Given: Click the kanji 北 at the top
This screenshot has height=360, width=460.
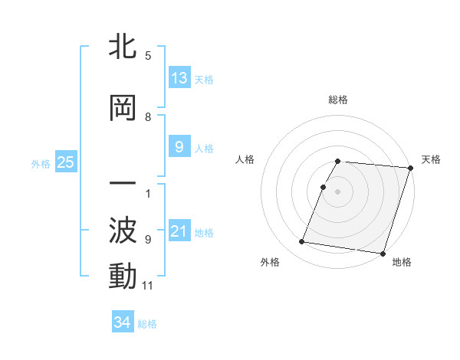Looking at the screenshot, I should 123,47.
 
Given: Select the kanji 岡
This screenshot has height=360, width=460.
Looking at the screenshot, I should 123,109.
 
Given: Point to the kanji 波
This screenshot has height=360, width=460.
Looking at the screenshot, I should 123,231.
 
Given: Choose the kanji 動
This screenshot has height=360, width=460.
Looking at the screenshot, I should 123,277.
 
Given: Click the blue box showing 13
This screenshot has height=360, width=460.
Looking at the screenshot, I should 179,78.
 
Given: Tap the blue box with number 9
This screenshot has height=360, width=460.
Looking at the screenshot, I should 179,147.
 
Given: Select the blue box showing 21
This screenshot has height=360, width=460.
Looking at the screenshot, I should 179,231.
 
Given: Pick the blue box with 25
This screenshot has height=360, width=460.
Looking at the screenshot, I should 66,162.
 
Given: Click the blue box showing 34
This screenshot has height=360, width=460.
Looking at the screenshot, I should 123,322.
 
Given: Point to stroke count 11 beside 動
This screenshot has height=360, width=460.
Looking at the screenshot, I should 149,286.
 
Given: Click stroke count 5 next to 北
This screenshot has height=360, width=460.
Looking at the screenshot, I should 148,56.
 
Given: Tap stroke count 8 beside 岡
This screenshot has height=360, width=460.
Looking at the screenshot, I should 148,117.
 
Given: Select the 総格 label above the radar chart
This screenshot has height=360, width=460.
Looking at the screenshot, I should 338,100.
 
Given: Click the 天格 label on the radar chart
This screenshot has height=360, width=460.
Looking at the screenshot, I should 431,159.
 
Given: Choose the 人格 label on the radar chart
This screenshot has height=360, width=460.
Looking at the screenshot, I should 245,159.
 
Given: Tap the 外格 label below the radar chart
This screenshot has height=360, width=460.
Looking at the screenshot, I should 270,262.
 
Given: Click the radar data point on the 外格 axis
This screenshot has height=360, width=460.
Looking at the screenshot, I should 302,242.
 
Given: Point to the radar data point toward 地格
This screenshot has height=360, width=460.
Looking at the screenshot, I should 383,253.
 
